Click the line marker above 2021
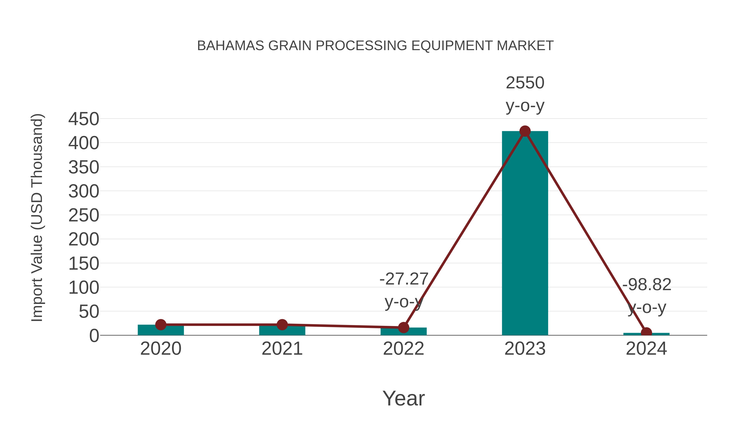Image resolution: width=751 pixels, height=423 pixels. pos(282,324)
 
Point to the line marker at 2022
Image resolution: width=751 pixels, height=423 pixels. pos(403,328)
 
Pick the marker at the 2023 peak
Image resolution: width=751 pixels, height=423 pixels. pos(525,131)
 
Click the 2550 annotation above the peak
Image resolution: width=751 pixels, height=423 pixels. pos(525,83)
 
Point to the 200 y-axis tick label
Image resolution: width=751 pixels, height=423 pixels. pos(84,240)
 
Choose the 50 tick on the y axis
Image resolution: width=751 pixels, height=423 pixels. pos(89,312)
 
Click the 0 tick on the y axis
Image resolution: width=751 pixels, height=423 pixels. pos(94,336)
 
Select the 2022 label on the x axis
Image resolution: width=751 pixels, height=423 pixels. pos(403,349)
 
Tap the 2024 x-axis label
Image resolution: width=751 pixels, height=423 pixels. pos(646,349)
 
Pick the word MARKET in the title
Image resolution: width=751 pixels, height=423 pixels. pos(525,46)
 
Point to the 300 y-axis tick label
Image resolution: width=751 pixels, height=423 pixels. pos(84,192)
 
